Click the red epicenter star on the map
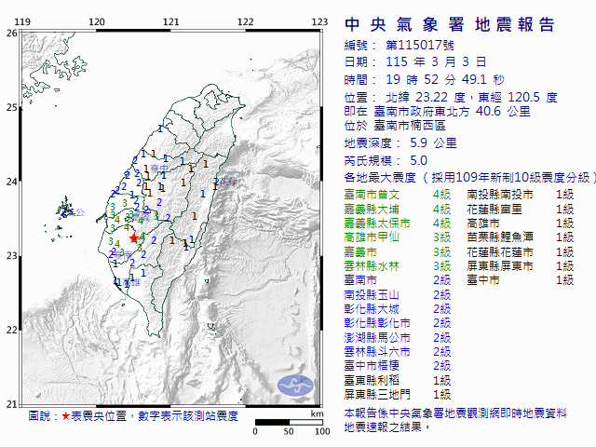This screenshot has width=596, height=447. [x=134, y=238]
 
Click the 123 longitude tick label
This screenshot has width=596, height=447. [x=318, y=21]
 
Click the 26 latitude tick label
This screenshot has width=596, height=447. [x=11, y=33]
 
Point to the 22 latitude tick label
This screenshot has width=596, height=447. [x=11, y=330]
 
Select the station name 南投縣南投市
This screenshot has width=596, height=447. [x=500, y=195]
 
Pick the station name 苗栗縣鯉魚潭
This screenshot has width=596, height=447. [x=500, y=237]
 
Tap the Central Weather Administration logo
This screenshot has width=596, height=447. [x=296, y=384]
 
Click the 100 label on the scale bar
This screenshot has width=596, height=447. [x=322, y=432]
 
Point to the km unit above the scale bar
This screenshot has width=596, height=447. [x=317, y=413]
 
